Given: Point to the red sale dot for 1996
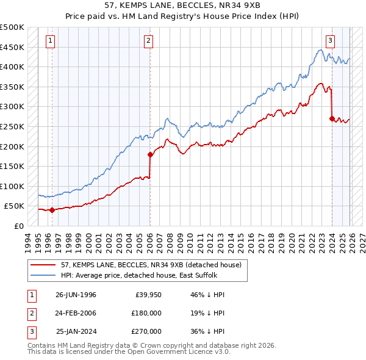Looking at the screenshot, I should [x=52, y=210].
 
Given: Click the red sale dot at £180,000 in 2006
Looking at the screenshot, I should [x=149, y=154].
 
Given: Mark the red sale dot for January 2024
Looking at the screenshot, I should [x=332, y=119].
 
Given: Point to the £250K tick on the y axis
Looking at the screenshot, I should [x=13, y=126].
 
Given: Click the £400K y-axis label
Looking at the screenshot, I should [x=13, y=67].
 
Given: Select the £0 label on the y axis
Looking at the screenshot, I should [x=18, y=226].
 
